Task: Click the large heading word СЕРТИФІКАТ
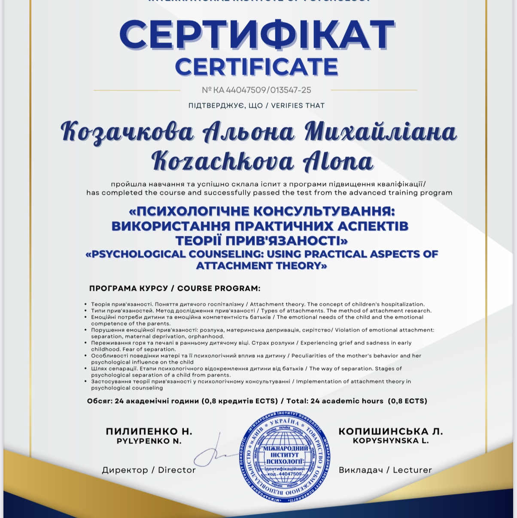pos(256,35)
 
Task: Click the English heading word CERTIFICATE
pos(256,67)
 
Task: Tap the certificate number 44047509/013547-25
pos(268,90)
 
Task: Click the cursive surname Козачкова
pos(127,131)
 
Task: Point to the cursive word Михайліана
pos(380,131)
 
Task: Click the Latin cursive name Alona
pos(338,161)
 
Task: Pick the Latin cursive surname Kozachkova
pos(222,161)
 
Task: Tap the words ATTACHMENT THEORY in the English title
pos(261,266)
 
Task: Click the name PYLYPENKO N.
pos(149,441)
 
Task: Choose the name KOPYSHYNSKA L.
pos(391,441)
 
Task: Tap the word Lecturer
pos(412,470)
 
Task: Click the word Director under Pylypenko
pos(177,470)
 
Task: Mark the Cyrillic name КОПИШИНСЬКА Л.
pos(391,431)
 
